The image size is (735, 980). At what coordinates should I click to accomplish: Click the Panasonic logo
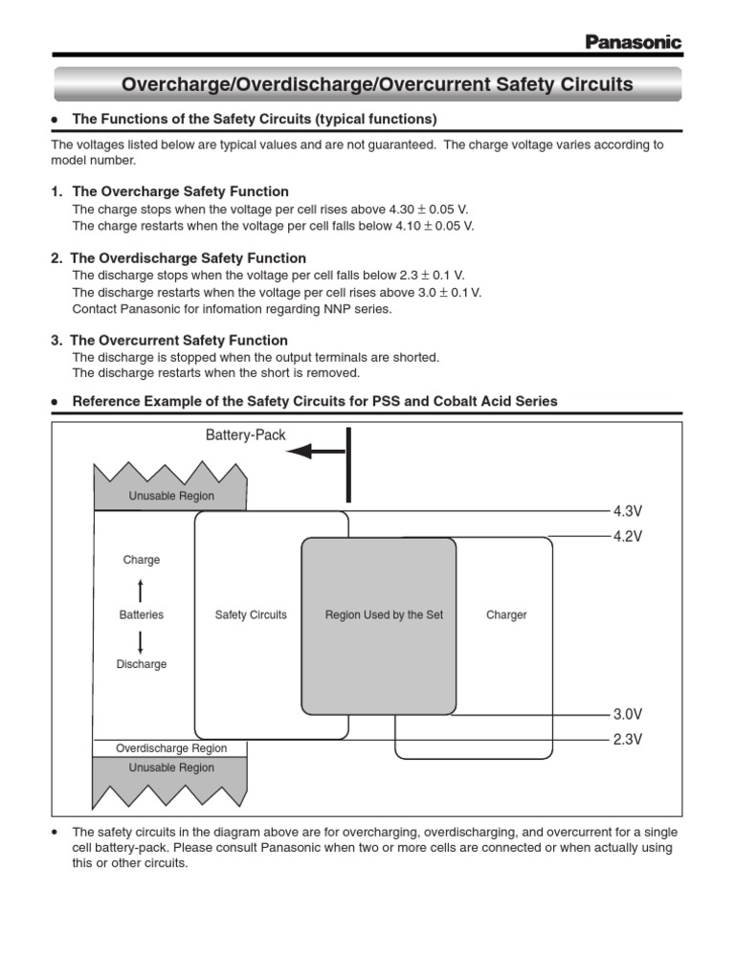tap(633, 42)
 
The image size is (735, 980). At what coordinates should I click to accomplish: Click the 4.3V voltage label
tap(627, 511)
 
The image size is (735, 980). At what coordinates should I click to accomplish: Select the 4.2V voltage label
tap(627, 537)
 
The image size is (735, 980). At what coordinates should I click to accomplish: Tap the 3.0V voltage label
tap(627, 714)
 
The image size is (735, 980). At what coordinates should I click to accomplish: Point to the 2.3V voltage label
tap(627, 739)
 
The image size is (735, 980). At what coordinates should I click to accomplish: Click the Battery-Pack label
tap(246, 434)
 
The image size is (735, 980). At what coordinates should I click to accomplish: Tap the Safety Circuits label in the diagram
tap(251, 615)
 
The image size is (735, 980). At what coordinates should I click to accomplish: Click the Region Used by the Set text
tap(384, 615)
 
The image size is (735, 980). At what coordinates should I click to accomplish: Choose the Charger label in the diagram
tap(506, 615)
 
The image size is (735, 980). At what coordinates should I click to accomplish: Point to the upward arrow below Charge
tap(141, 589)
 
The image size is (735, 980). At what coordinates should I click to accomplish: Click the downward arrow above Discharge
tap(141, 641)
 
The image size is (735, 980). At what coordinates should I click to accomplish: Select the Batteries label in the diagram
tap(141, 615)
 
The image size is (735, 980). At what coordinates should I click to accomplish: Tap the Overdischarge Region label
tap(171, 748)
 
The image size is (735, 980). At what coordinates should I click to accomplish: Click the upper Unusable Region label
tap(171, 496)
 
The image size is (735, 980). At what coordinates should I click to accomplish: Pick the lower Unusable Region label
tap(171, 768)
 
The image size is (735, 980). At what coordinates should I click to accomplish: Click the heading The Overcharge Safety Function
tap(179, 191)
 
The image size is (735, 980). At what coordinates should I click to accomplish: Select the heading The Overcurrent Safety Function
tap(179, 340)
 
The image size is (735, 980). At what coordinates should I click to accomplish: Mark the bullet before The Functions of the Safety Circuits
tap(56, 120)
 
